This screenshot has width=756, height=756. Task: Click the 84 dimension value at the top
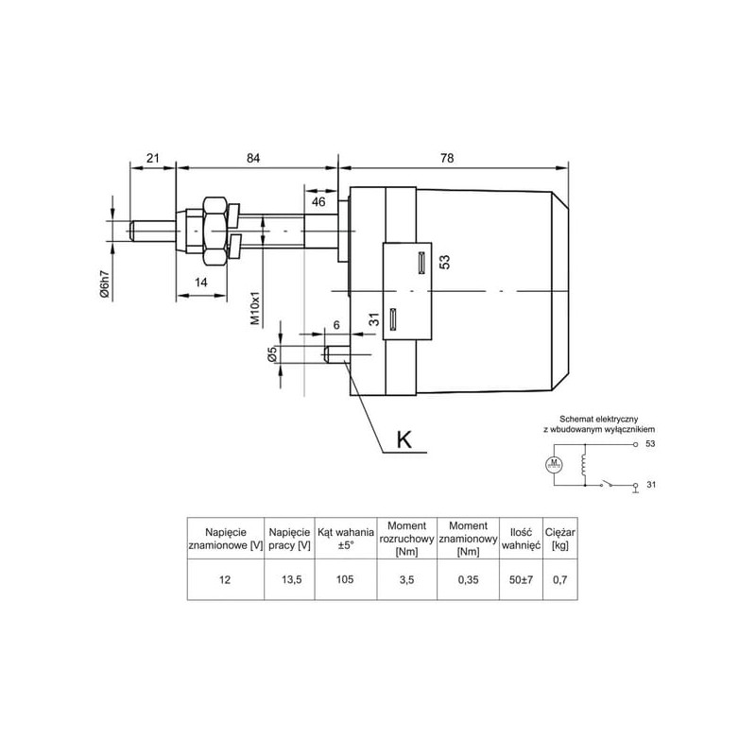tap(253, 158)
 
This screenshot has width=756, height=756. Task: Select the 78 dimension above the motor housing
tap(447, 158)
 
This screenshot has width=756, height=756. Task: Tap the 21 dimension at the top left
tap(152, 158)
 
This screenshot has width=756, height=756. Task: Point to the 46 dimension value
tap(318, 201)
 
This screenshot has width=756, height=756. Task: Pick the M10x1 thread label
tap(255, 308)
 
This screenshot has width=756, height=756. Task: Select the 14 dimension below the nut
tap(200, 282)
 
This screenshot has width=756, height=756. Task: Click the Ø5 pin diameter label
tap(271, 354)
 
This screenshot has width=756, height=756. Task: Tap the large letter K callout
tap(404, 439)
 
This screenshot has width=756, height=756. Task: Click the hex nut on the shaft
tap(215, 231)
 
